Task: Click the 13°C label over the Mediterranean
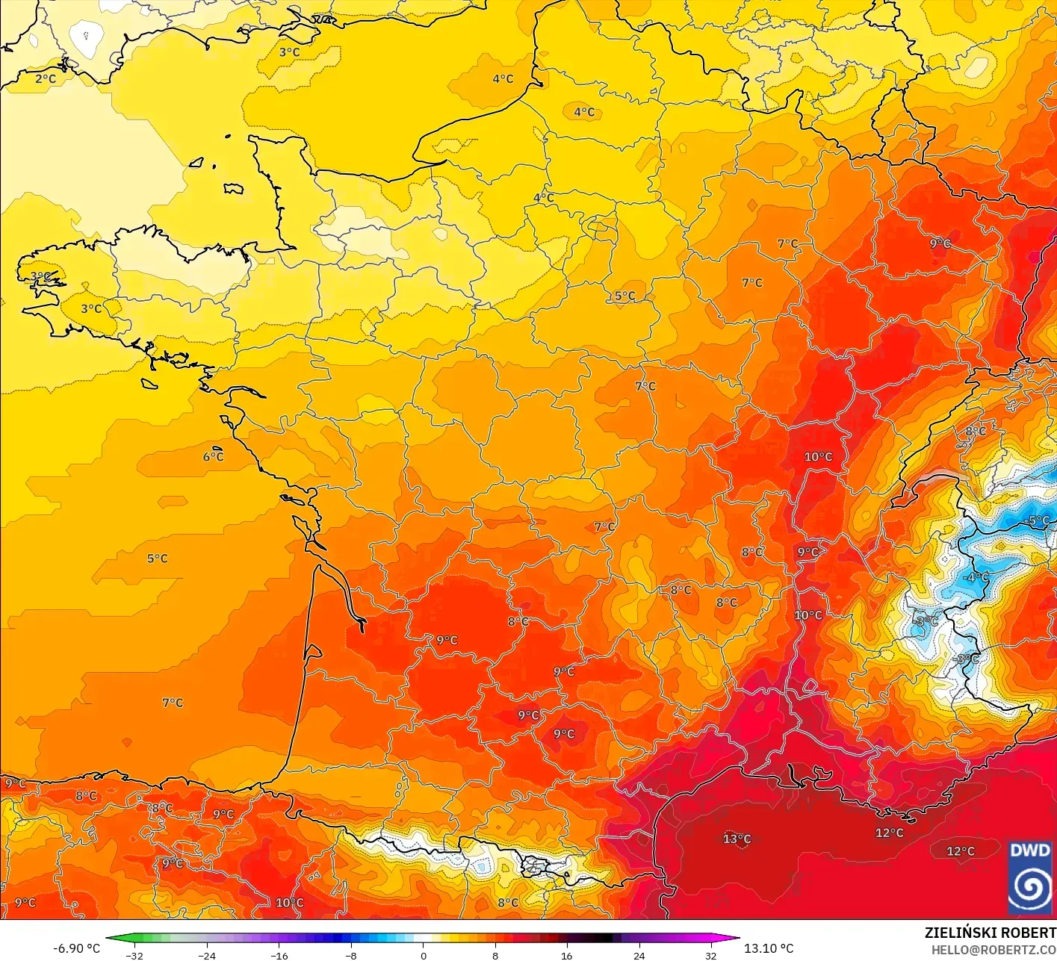pos(737,839)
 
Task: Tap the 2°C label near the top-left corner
pos(46,78)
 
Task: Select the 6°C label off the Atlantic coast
pos(213,456)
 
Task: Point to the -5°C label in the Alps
pos(1038,520)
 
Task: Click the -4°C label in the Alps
pos(976,577)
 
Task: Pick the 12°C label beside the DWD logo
pos(961,851)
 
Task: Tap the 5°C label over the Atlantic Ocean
pos(157,559)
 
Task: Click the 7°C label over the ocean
pos(173,703)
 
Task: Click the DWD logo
pos(1030,877)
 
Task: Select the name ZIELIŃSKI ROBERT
pos(990,933)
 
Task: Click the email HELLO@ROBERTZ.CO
pos(994,949)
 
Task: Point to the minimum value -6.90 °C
pos(76,948)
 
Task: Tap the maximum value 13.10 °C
pos(769,948)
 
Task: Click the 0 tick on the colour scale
pos(423,955)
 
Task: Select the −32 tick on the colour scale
pos(134,955)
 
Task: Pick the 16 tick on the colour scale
pos(567,955)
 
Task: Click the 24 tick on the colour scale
pos(639,955)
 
